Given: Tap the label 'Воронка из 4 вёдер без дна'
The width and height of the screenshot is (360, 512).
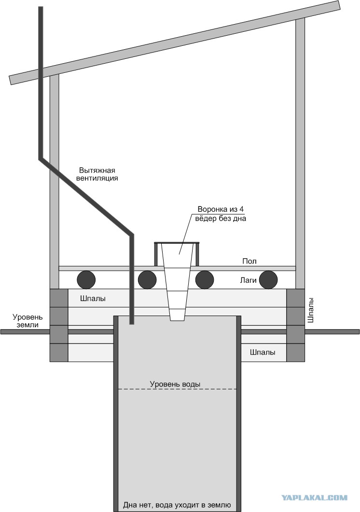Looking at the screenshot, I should [x=222, y=214].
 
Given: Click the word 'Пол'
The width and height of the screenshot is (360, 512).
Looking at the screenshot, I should [x=249, y=261].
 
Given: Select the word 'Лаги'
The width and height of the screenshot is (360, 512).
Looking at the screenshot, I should [x=249, y=279].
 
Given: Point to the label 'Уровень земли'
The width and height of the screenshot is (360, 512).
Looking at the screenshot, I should [x=28, y=321].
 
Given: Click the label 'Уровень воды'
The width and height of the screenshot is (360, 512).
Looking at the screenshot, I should [x=175, y=384].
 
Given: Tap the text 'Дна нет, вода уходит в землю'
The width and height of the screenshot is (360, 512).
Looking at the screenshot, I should [x=177, y=505].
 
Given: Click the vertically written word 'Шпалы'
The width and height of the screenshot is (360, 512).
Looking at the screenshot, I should [x=310, y=312].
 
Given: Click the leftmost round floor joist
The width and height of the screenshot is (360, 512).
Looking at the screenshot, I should [x=86, y=279].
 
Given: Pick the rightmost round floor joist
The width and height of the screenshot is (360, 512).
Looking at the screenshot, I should [x=268, y=279].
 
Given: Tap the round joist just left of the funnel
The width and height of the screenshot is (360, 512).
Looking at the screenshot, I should [x=148, y=279].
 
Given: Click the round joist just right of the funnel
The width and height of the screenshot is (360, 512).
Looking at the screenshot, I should [x=205, y=279].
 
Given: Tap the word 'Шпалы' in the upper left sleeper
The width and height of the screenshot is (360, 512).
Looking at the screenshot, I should [x=93, y=299].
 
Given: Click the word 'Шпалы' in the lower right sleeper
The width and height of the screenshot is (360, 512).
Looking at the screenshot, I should [x=263, y=352].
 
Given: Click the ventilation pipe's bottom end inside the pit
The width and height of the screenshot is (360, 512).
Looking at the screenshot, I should [x=131, y=320].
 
